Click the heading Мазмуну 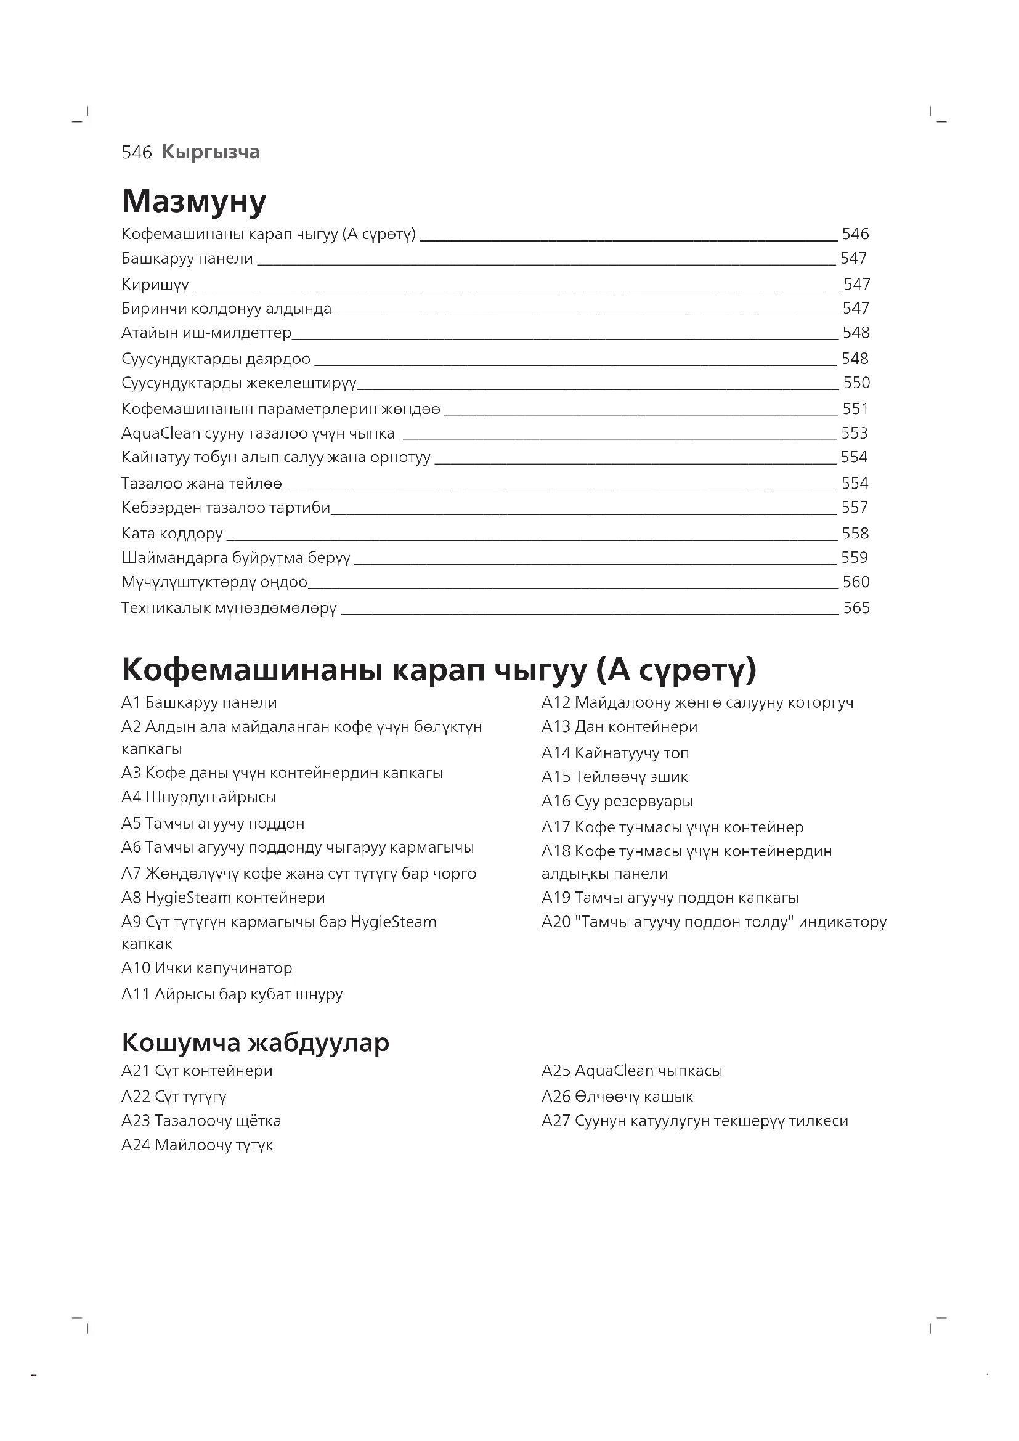click(x=194, y=201)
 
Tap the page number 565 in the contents click(x=856, y=608)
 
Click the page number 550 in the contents click(x=856, y=383)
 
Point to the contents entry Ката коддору click(x=172, y=534)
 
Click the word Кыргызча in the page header click(x=210, y=152)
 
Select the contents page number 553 click(x=854, y=433)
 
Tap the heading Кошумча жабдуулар click(x=256, y=1042)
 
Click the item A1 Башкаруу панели click(x=199, y=702)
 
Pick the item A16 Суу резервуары click(x=617, y=801)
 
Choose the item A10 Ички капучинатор click(x=206, y=968)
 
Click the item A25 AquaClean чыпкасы click(x=632, y=1070)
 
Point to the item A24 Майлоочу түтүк click(x=197, y=1145)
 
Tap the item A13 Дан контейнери click(x=619, y=726)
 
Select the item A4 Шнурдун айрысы click(x=199, y=797)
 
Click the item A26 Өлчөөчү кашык click(x=617, y=1096)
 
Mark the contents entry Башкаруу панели click(x=187, y=259)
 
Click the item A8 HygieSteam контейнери click(x=224, y=898)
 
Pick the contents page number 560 click(x=856, y=582)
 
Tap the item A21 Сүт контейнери click(x=197, y=1070)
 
